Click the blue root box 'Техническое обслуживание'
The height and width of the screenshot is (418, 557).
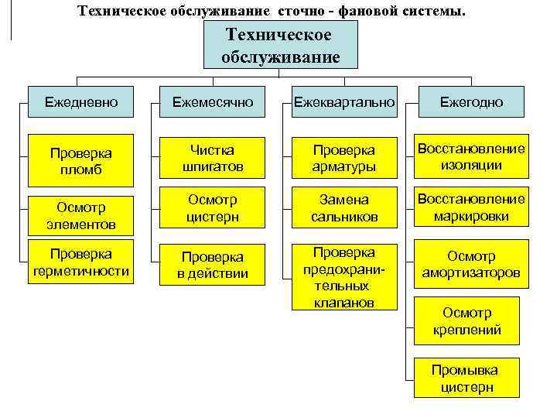click(x=280, y=46)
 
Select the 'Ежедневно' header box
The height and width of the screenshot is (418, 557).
click(x=80, y=102)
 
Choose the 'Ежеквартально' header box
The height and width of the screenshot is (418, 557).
click(x=344, y=102)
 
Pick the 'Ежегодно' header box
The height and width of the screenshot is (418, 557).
click(x=472, y=102)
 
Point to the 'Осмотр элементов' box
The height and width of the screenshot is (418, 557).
click(x=80, y=216)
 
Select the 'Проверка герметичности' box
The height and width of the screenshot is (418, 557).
click(x=80, y=264)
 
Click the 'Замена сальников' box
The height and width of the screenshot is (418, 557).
click(x=344, y=208)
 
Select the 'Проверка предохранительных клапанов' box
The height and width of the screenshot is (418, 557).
click(x=344, y=276)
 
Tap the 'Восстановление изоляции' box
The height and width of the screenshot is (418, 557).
click(x=472, y=156)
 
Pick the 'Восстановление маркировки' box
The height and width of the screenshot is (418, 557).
click(x=472, y=207)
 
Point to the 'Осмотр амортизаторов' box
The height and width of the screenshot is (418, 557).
click(x=472, y=265)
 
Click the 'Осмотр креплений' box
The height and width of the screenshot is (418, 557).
click(x=467, y=321)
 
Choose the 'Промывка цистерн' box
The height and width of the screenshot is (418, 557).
click(x=465, y=379)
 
